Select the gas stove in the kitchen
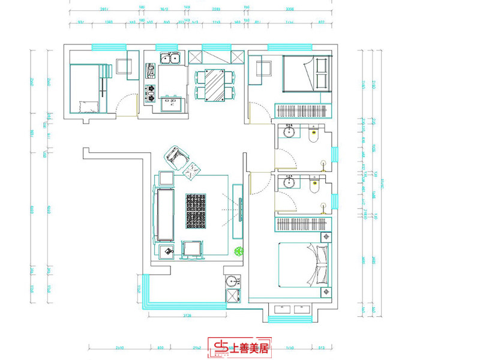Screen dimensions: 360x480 (150, 91)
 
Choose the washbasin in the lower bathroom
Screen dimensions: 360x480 (289, 182)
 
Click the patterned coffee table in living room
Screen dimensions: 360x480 (196, 211)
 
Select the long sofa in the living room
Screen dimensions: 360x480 (164, 214)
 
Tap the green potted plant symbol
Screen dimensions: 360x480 (239, 251)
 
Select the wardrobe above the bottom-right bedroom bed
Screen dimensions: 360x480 (303, 224)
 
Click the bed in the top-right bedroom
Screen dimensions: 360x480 (307, 73)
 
